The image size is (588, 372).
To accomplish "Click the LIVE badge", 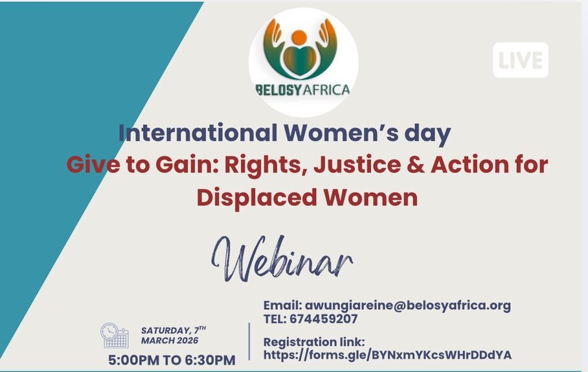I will [520, 60].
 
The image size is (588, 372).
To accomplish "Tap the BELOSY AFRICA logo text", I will [303, 89].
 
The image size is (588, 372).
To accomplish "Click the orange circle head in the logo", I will [299, 37].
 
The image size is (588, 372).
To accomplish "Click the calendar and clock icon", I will [115, 336].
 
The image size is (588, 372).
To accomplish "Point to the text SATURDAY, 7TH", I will [173, 330].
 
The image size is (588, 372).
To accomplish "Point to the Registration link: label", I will [314, 342].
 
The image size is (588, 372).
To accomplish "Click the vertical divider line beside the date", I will [249, 340].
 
